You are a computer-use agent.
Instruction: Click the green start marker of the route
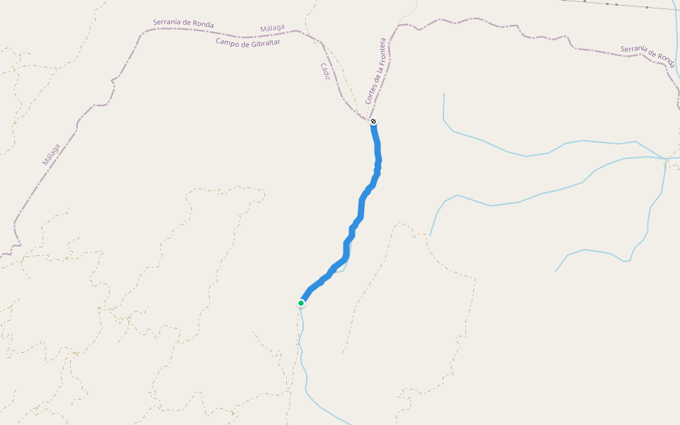tap(301, 303)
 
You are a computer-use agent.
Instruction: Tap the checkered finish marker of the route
tap(373, 122)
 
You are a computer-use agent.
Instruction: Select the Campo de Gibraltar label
tap(248, 42)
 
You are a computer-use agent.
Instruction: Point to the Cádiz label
tap(325, 72)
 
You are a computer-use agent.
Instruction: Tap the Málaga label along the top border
tap(272, 28)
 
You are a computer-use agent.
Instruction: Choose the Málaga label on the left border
tap(51, 154)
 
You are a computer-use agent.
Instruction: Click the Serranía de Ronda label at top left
tap(183, 23)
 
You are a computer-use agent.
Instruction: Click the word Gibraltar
tap(264, 42)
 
